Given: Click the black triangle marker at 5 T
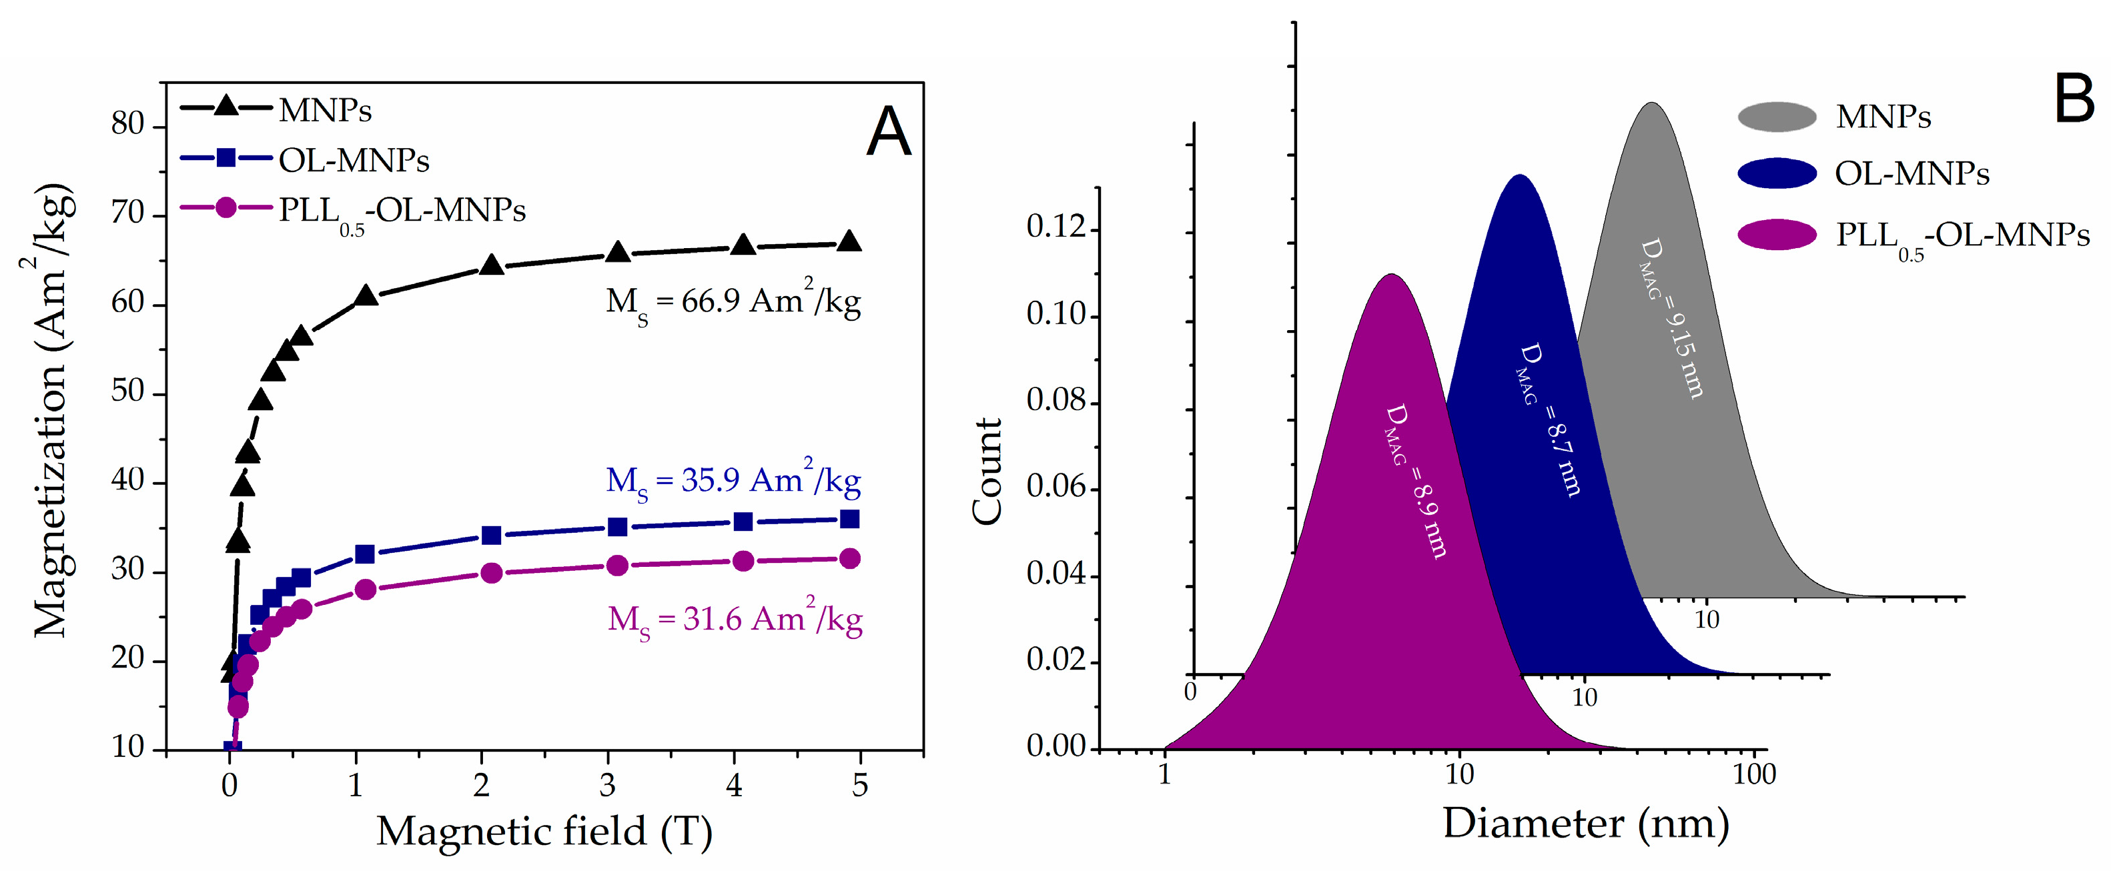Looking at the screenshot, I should click(850, 241).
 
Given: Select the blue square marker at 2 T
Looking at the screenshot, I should click(491, 535).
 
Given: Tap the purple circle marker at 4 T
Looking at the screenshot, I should click(743, 562).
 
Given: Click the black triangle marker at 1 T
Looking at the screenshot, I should click(366, 297).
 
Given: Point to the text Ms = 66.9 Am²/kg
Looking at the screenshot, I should click(733, 302).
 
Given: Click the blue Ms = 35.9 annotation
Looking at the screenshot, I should click(733, 481).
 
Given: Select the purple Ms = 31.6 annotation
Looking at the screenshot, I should click(735, 620).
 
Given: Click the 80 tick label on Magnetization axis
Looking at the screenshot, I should click(128, 125).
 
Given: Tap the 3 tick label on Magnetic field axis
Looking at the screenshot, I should click(607, 785).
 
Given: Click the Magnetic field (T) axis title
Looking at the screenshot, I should click(544, 831).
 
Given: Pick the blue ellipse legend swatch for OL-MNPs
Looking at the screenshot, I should click(1777, 173).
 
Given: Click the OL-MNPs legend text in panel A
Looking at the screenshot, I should click(354, 160).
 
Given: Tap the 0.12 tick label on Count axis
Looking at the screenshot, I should click(1056, 226).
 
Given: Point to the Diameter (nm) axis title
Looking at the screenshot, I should click(1586, 823).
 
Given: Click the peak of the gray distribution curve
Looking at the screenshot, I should click(1651, 103).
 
